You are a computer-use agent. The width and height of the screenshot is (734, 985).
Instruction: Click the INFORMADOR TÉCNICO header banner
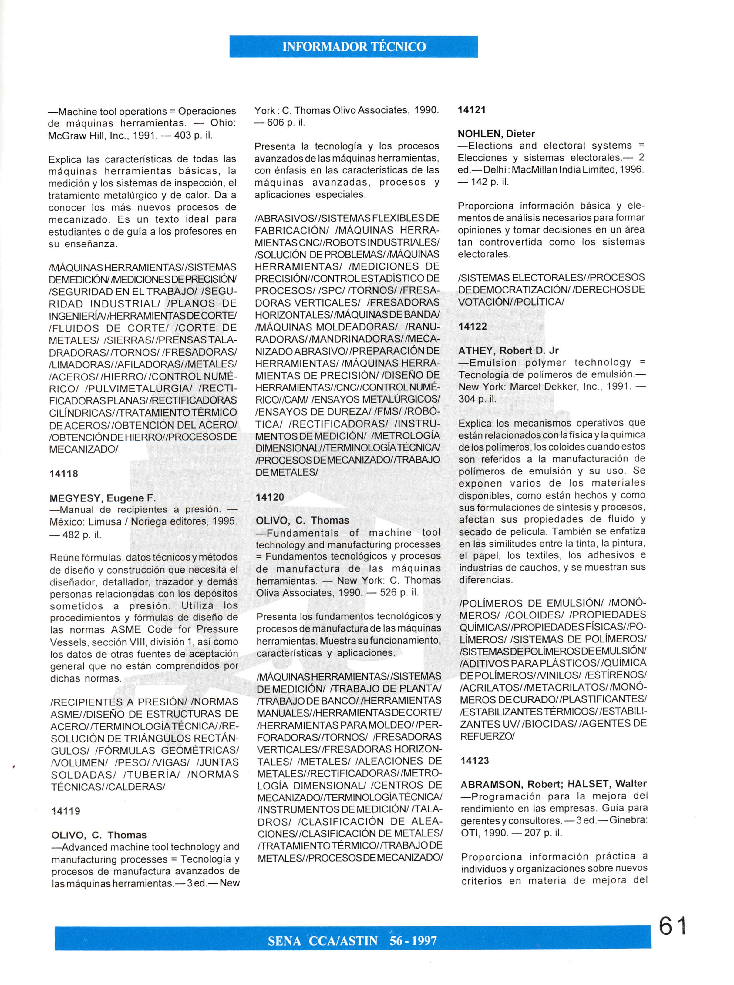coord(353,47)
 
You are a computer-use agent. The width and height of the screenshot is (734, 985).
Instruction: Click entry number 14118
coord(63,474)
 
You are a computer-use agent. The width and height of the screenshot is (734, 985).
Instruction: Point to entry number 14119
coord(66,811)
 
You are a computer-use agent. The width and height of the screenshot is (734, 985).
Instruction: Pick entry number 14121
coord(472,110)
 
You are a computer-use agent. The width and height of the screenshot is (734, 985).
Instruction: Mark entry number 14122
coord(473,327)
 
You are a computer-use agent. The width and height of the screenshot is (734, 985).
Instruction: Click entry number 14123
coord(475,761)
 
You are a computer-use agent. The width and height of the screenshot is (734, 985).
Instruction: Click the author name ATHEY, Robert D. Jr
coord(508,350)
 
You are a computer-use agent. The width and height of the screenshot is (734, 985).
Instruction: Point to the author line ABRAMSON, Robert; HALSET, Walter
coord(554,784)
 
